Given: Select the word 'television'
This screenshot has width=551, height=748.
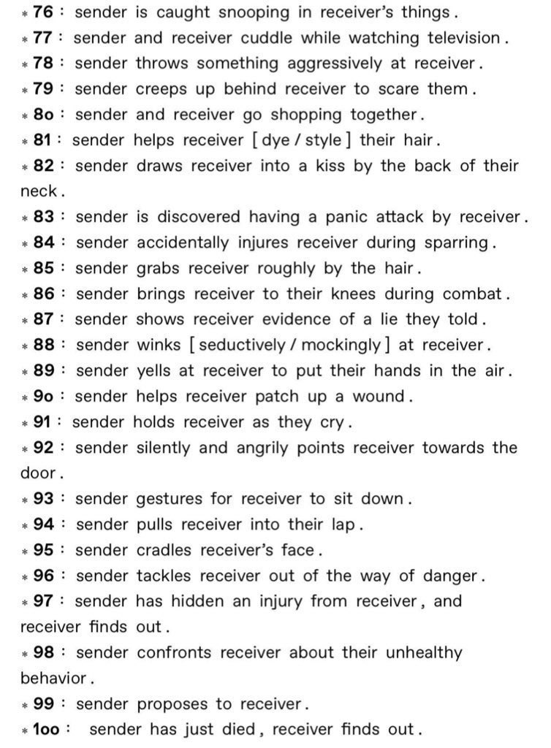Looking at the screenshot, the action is (460, 37).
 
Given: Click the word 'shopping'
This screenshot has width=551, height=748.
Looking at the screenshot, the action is (303, 115).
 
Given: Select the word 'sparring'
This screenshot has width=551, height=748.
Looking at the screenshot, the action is (451, 242).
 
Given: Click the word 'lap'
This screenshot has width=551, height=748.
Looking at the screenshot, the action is (344, 524).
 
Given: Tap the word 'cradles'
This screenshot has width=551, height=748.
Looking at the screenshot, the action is (165, 550).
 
